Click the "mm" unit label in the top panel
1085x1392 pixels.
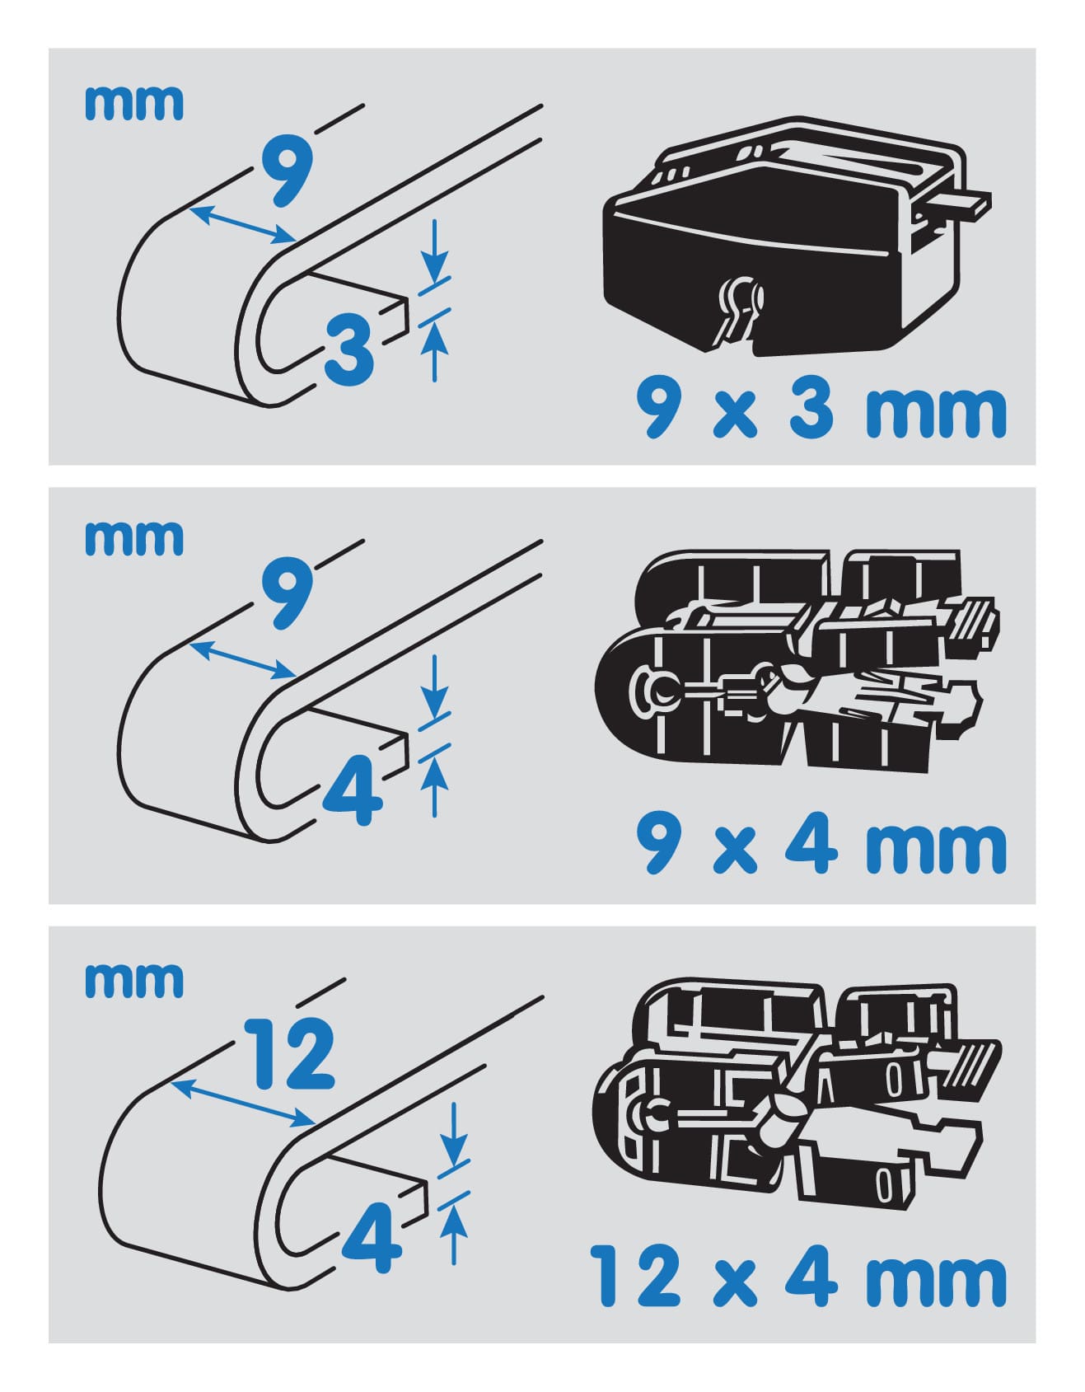click(133, 103)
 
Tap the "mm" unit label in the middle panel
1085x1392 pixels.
click(133, 537)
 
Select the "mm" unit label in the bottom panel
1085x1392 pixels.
click(133, 979)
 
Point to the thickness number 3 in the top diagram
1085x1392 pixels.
click(350, 349)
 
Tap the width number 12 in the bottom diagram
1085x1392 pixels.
click(291, 1053)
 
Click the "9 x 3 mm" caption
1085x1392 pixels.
click(821, 410)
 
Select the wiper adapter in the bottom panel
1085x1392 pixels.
click(797, 1096)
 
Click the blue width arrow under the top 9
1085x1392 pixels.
click(242, 224)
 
